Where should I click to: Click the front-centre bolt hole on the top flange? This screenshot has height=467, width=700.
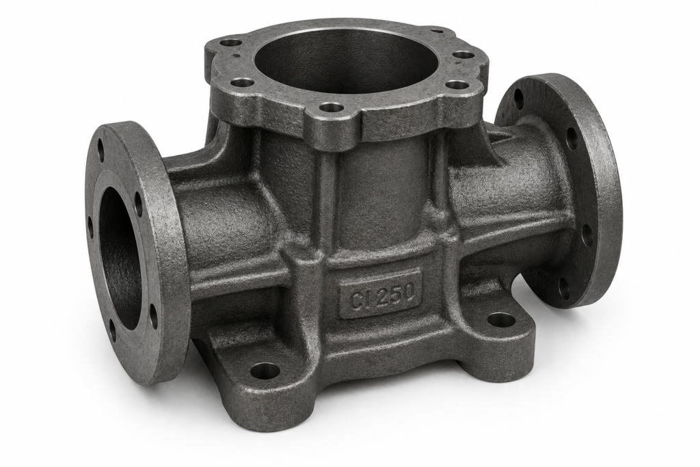(x=331, y=107)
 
